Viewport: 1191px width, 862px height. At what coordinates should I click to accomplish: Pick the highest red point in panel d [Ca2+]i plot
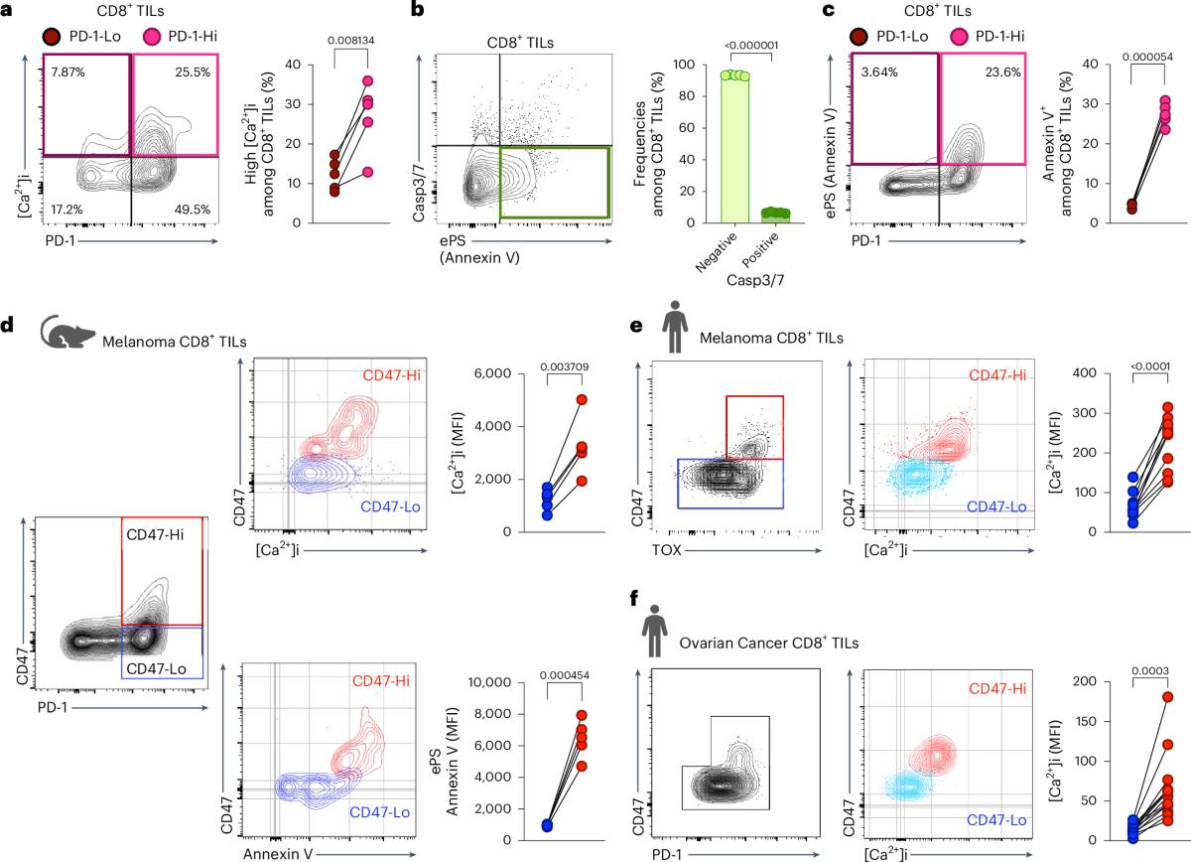pos(582,400)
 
